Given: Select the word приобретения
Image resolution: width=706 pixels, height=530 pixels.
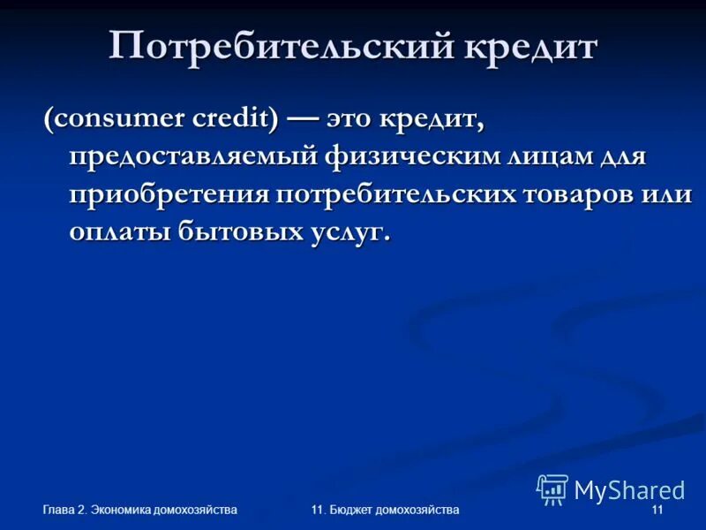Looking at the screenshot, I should click(169, 195).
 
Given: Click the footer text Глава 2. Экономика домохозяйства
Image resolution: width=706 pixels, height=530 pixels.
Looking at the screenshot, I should click(140, 511).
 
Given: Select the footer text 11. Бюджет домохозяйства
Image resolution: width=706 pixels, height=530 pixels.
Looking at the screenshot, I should click(386, 511).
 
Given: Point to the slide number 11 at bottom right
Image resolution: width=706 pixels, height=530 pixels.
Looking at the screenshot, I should click(656, 511).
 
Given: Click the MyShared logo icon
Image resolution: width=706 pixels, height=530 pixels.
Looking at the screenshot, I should click(552, 488).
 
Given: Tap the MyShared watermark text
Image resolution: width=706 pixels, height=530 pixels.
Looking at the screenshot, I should click(629, 489).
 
